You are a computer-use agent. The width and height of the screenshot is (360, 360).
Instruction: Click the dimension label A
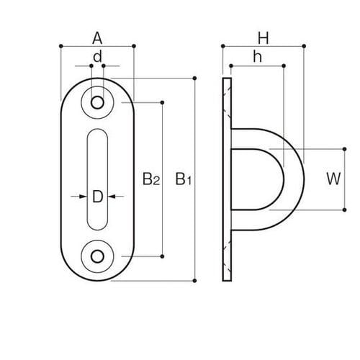(97, 37)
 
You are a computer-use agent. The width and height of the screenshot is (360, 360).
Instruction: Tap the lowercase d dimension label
(97, 55)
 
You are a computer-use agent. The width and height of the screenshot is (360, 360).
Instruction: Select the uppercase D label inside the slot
(97, 194)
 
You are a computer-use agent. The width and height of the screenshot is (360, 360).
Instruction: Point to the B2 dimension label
(150, 179)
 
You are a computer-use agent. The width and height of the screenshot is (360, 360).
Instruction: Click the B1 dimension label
(184, 179)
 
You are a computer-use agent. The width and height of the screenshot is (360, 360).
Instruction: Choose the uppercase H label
(264, 37)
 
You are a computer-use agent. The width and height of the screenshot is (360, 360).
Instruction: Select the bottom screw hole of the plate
(97, 255)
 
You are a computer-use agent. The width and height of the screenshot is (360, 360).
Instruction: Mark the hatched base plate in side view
(228, 179)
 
